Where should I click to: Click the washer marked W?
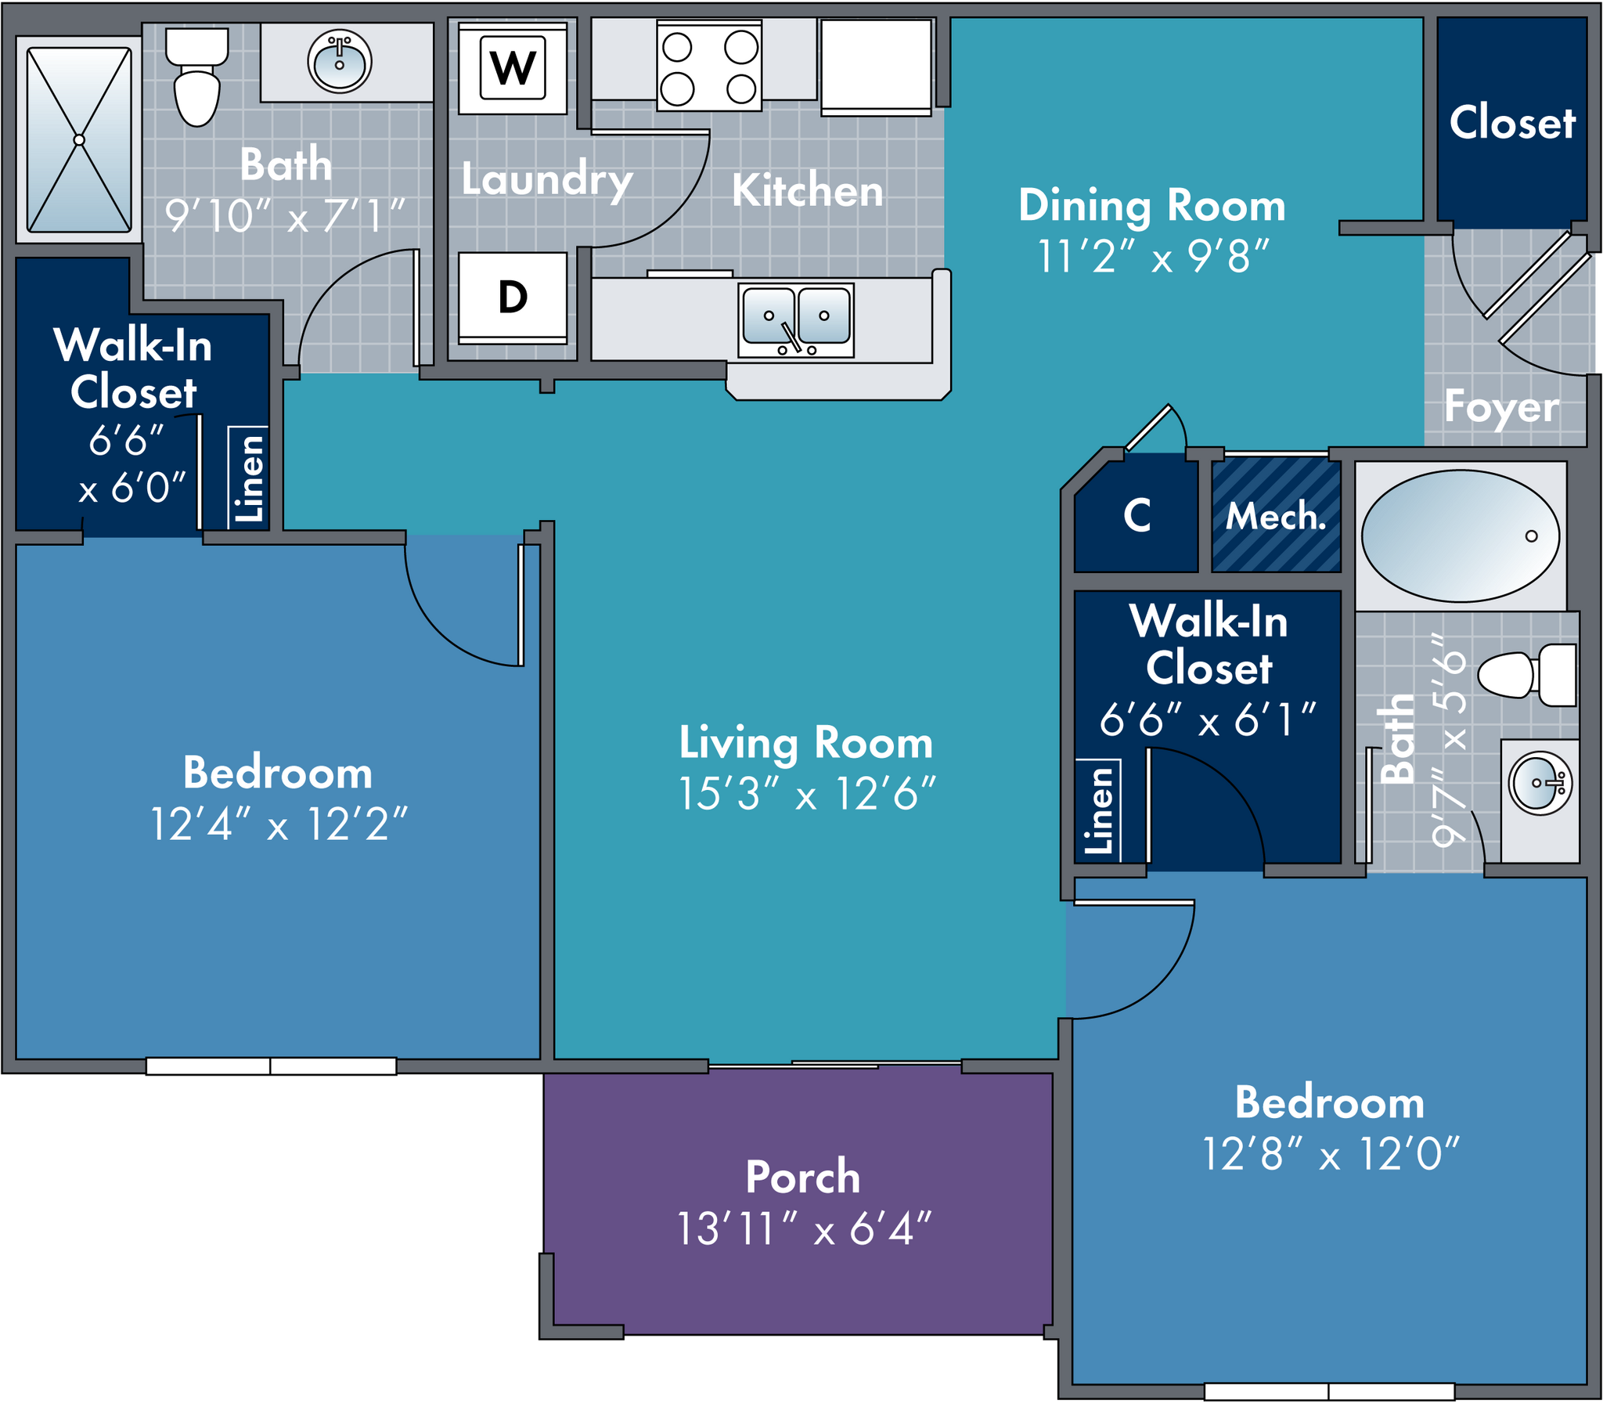point(513,69)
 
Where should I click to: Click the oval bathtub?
point(1460,536)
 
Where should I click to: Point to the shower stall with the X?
point(79,139)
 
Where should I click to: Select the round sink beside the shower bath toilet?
point(339,62)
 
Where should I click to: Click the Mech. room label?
point(1276,516)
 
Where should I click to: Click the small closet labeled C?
point(1137,515)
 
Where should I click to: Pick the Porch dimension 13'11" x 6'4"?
point(804,1228)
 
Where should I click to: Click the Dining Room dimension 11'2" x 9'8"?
point(1152,256)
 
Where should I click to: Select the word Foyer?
point(1501,407)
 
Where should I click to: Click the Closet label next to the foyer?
point(1511,123)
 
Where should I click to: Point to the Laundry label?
point(546,179)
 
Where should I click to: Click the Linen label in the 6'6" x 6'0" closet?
point(249,478)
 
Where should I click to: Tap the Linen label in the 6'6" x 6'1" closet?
point(1098,810)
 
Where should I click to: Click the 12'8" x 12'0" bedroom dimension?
point(1330,1154)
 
